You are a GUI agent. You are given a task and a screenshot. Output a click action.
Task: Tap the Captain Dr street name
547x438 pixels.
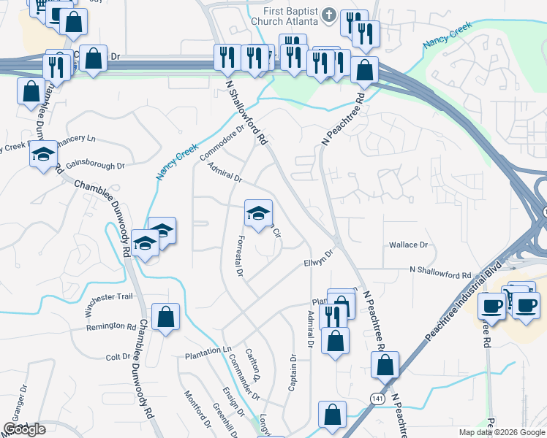(x=293, y=372)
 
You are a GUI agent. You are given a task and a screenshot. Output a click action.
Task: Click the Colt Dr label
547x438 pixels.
(x=118, y=357)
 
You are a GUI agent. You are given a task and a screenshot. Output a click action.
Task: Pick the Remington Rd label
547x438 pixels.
(x=111, y=326)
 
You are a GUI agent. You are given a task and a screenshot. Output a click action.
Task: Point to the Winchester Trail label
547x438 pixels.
(x=109, y=304)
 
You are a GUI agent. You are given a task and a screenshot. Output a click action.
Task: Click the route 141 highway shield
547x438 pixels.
(x=375, y=399)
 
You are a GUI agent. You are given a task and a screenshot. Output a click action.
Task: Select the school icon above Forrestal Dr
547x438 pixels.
(x=257, y=212)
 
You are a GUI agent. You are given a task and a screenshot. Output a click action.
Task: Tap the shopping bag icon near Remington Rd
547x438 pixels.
(x=166, y=317)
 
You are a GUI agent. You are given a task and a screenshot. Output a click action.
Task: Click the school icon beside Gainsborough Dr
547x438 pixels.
(x=43, y=155)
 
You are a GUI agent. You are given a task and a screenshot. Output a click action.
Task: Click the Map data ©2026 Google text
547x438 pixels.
(x=501, y=432)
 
